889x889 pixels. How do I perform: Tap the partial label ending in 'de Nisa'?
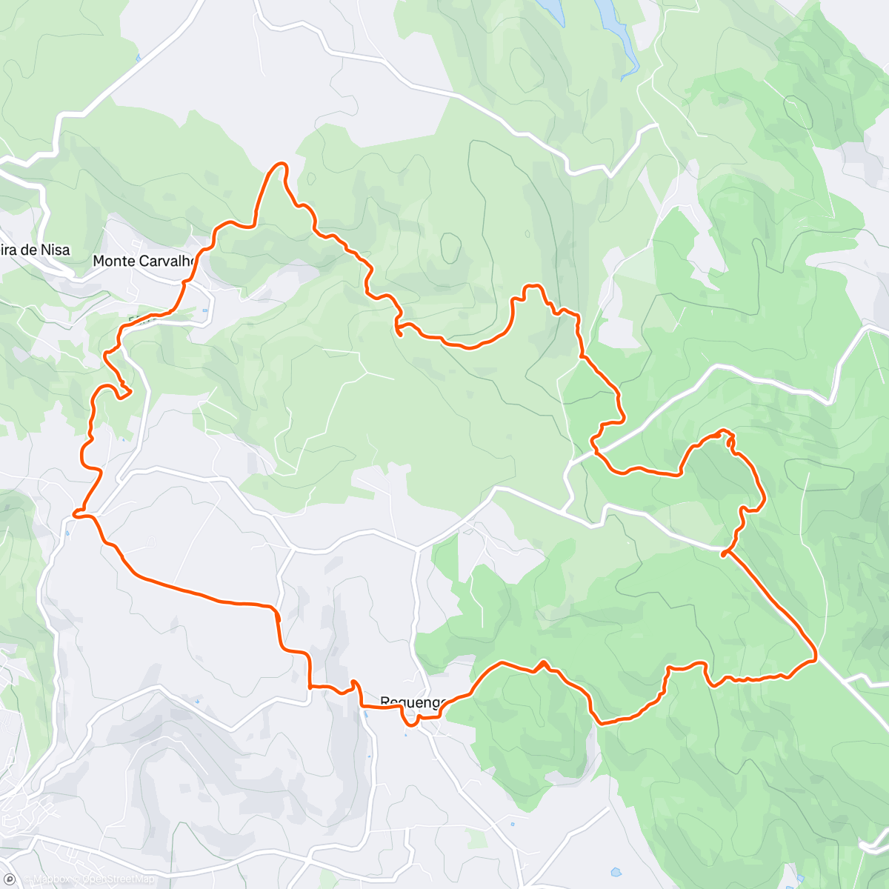(36, 250)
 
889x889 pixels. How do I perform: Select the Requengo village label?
(412, 702)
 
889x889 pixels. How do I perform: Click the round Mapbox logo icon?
(10, 879)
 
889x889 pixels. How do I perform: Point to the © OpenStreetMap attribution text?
(119, 879)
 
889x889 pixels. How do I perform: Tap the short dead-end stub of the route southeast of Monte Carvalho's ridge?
(399, 333)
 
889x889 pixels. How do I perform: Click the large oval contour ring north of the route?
(450, 247)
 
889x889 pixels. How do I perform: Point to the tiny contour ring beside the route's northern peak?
(311, 179)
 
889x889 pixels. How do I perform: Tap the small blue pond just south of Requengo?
(405, 735)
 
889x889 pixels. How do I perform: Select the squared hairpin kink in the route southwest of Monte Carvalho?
(121, 390)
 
